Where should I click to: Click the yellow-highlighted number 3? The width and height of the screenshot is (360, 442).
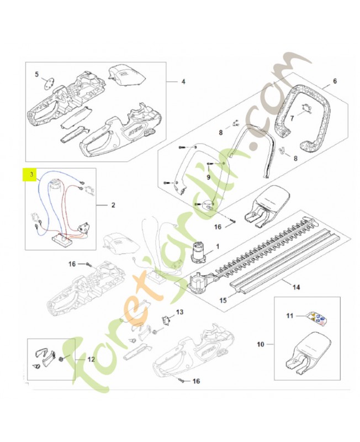(x=31, y=175)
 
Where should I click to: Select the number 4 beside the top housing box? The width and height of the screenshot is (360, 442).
(x=183, y=82)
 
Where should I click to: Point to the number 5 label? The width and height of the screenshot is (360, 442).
(x=37, y=73)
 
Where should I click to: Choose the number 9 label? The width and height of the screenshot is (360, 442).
(x=208, y=177)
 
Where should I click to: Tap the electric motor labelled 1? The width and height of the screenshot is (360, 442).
(x=197, y=252)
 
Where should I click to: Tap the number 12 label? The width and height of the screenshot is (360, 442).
(x=91, y=358)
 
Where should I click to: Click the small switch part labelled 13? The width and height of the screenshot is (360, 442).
(x=164, y=319)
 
